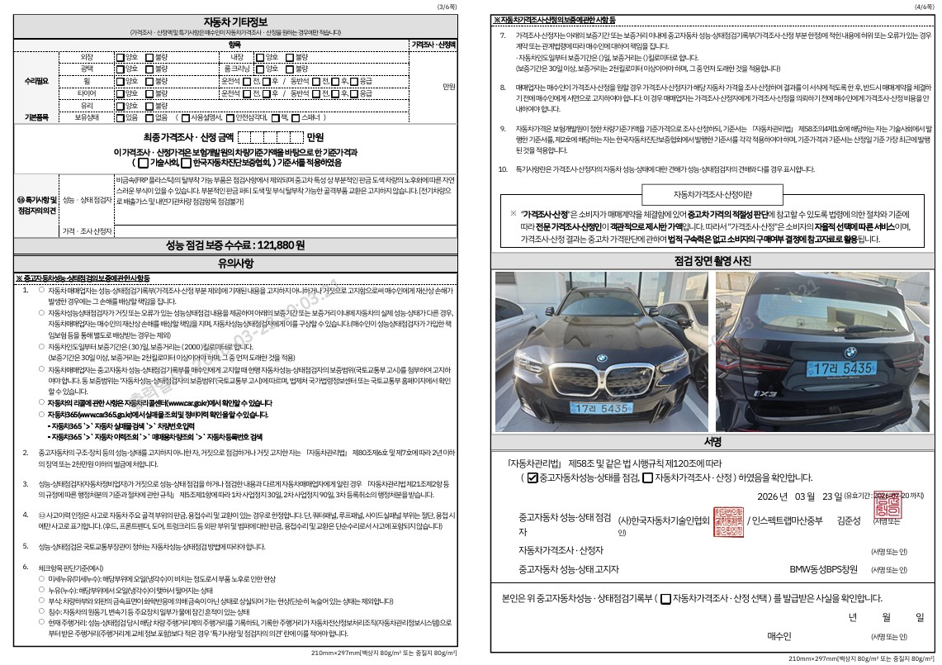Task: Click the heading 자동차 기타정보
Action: click(235, 21)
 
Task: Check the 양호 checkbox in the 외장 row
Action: click(121, 58)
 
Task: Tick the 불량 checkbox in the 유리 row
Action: click(149, 107)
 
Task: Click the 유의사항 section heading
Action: click(235, 264)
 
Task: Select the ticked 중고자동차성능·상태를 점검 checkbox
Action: click(533, 477)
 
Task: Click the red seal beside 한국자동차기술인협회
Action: click(727, 520)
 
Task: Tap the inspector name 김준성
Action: click(848, 521)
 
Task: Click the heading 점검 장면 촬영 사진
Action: click(713, 261)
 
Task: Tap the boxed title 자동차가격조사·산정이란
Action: click(712, 194)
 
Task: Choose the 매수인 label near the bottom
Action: click(779, 636)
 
